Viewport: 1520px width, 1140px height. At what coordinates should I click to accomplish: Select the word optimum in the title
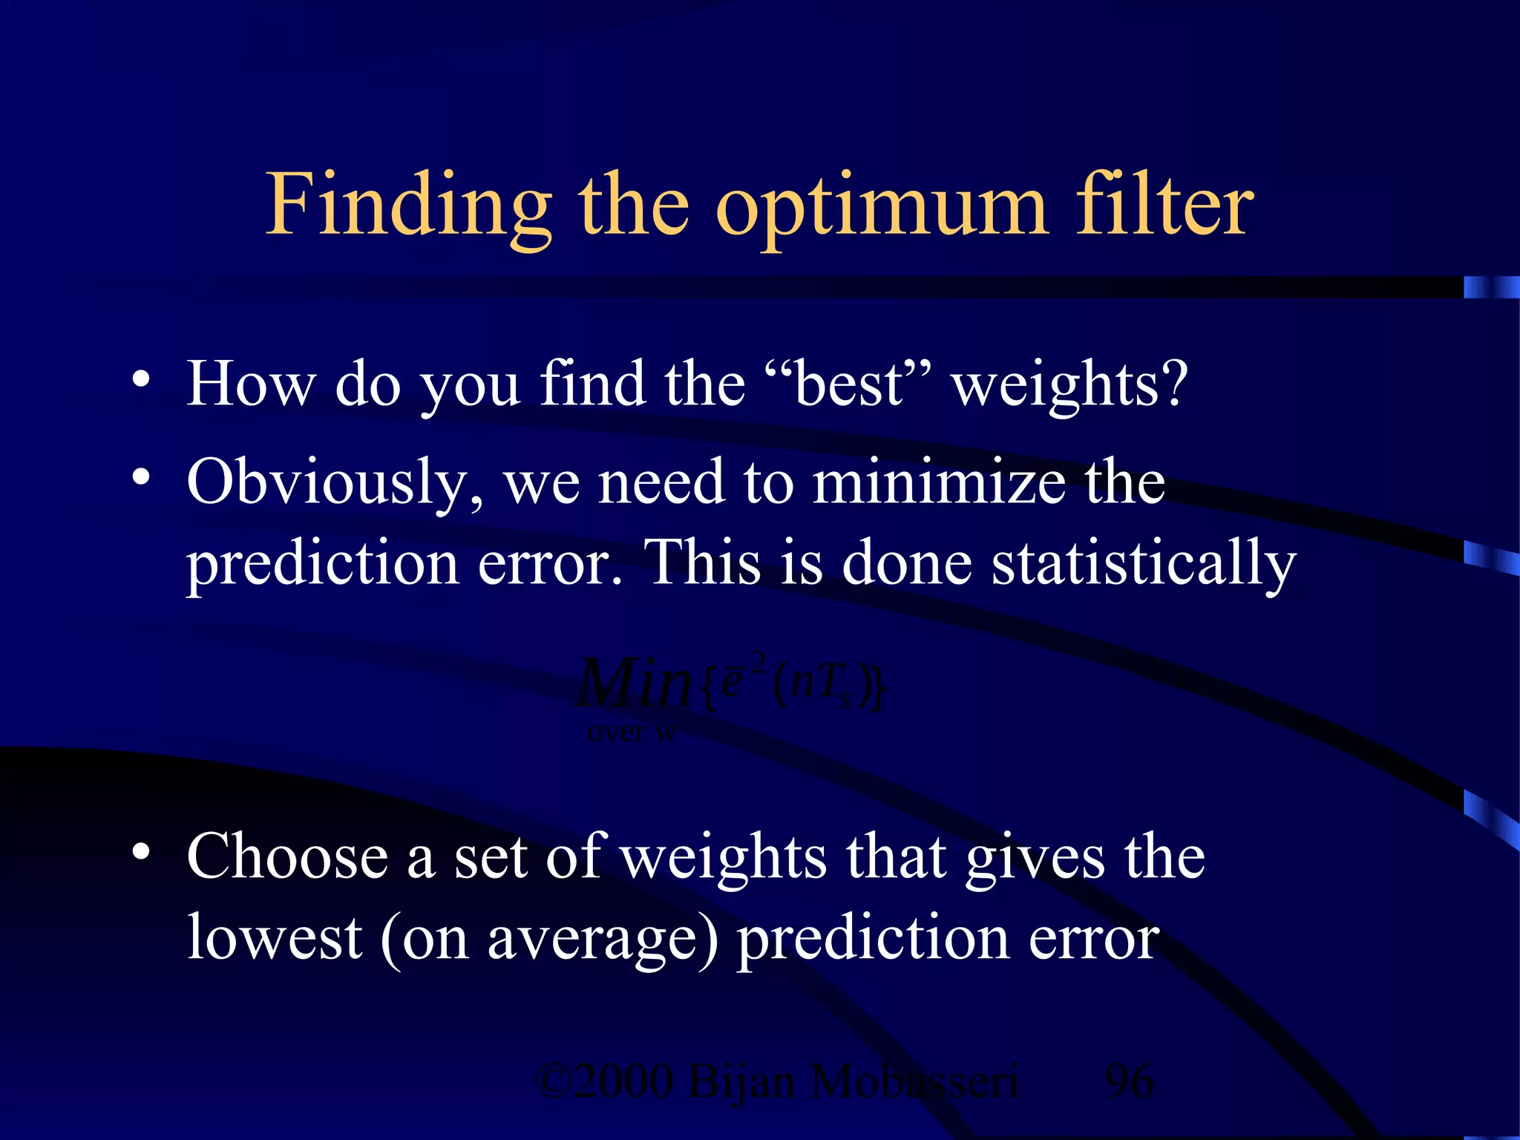(882, 208)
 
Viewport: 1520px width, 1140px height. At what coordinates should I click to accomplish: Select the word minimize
(938, 482)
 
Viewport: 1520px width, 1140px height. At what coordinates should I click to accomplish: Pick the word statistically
(1143, 564)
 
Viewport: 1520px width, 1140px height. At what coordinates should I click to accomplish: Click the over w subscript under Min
(632, 733)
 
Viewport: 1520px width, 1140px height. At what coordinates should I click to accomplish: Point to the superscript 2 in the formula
(758, 661)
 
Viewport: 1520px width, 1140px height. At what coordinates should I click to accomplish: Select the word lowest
(274, 937)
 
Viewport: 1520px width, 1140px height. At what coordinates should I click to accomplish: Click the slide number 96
(1129, 1081)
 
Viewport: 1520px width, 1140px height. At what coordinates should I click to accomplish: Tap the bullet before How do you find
(141, 381)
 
